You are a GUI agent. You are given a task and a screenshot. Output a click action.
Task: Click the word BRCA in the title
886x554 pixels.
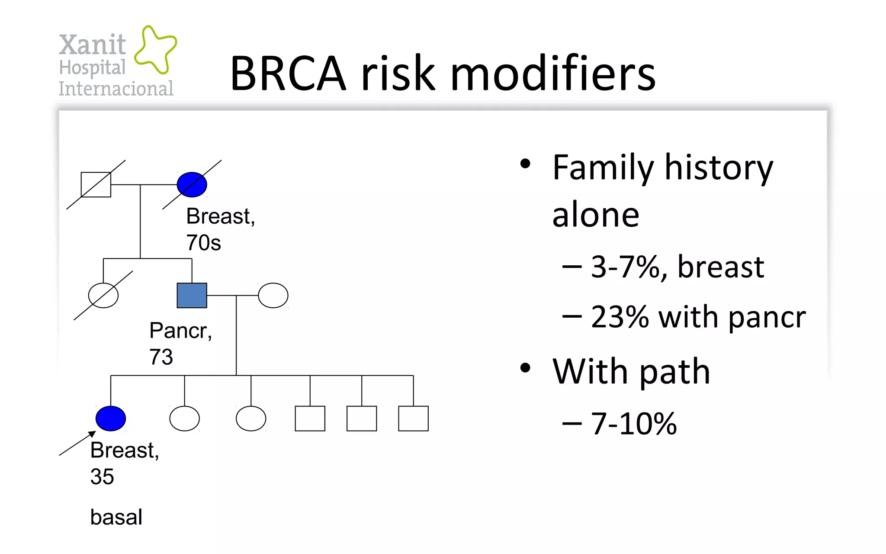point(288,74)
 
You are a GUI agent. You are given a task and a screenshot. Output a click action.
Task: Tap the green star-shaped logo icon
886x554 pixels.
point(155,49)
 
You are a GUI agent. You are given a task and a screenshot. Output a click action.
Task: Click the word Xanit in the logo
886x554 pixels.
point(92,45)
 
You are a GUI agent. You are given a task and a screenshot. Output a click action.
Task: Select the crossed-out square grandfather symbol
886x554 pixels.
point(96,185)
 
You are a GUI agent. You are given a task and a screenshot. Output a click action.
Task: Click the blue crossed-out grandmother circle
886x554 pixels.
point(192,185)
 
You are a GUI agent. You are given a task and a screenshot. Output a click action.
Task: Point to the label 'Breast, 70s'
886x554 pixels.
point(220,229)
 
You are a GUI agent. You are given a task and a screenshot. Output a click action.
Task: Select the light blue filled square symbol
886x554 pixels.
point(192,296)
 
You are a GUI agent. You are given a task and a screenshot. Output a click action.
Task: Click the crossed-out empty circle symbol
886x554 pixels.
point(103,296)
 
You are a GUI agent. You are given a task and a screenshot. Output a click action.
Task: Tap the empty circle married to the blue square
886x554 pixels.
point(273,296)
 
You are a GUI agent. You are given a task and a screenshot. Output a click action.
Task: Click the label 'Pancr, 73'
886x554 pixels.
point(180,343)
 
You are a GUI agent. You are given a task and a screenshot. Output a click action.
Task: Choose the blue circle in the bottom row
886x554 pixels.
point(111,419)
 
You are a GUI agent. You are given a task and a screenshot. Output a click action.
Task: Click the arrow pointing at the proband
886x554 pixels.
point(77,443)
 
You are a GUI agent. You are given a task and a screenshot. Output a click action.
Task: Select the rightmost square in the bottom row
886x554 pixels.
point(413,419)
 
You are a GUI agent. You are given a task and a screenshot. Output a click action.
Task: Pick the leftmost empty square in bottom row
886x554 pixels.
point(310,419)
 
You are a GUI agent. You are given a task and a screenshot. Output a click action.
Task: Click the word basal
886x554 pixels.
point(116,517)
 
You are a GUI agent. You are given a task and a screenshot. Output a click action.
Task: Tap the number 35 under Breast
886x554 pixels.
point(102,477)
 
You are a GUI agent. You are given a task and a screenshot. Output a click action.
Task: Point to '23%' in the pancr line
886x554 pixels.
point(620,317)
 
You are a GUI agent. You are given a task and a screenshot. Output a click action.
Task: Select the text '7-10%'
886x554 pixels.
point(634,424)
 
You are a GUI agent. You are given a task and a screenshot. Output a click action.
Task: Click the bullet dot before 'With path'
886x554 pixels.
point(525,368)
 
